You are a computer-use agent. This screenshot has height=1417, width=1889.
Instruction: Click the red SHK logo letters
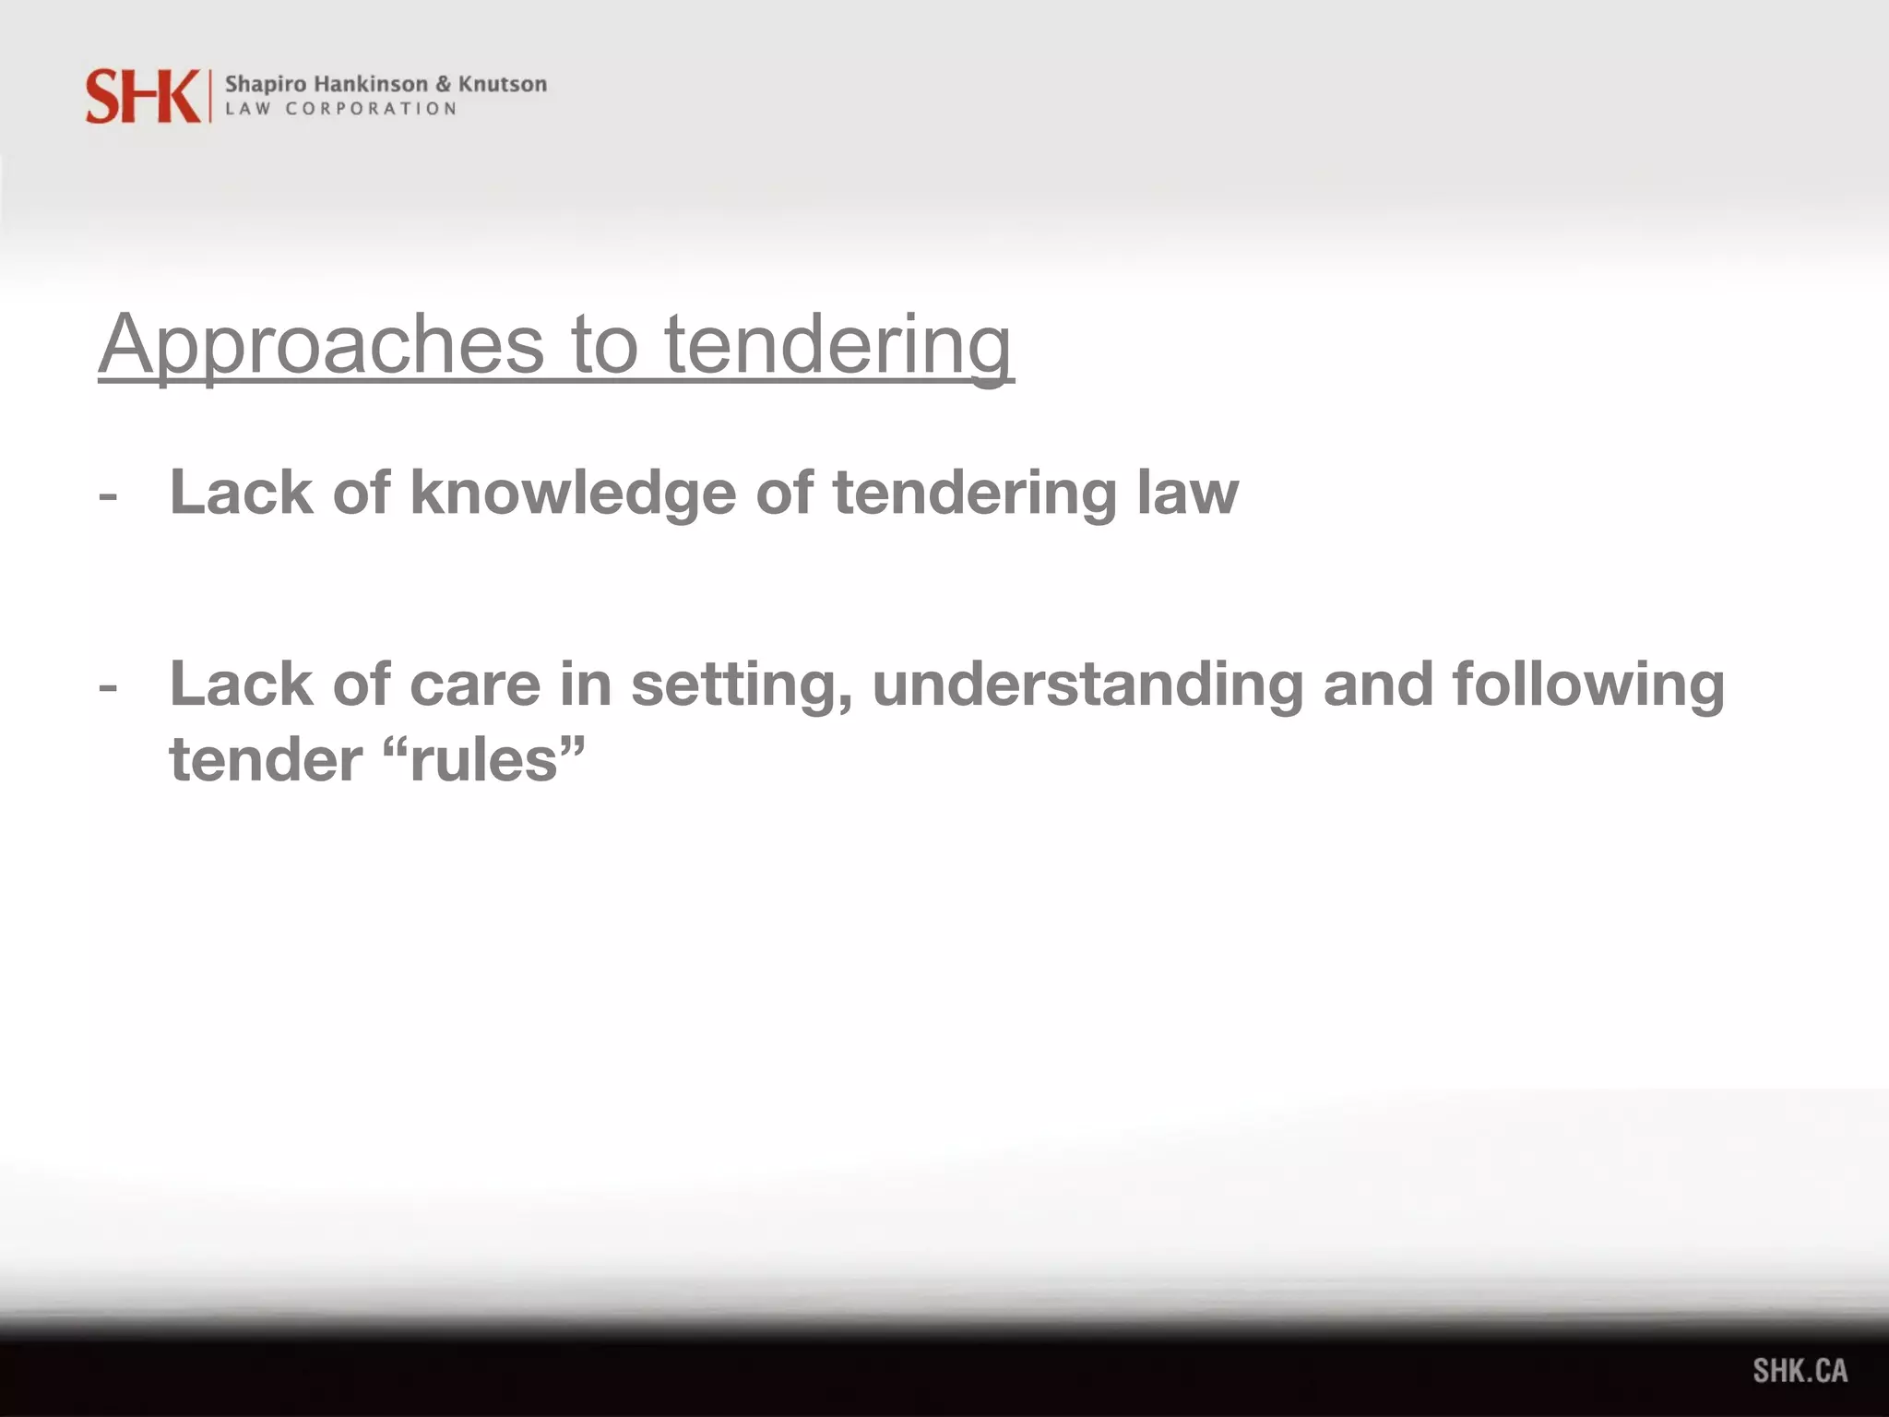(142, 96)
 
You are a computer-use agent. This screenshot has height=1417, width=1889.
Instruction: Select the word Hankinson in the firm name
(371, 84)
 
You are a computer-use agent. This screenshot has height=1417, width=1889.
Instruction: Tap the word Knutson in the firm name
(503, 84)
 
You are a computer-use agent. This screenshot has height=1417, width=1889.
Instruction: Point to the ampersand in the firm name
(443, 84)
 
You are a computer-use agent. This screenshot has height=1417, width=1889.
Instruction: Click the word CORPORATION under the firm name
(371, 109)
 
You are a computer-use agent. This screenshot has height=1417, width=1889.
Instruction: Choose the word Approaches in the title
(322, 345)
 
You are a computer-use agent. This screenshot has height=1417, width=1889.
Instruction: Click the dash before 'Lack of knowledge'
(108, 496)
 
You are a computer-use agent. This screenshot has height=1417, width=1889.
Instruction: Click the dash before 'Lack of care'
(108, 687)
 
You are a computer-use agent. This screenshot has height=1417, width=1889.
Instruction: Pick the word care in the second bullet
(474, 684)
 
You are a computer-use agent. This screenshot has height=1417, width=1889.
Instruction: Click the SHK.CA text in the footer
(1800, 1371)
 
